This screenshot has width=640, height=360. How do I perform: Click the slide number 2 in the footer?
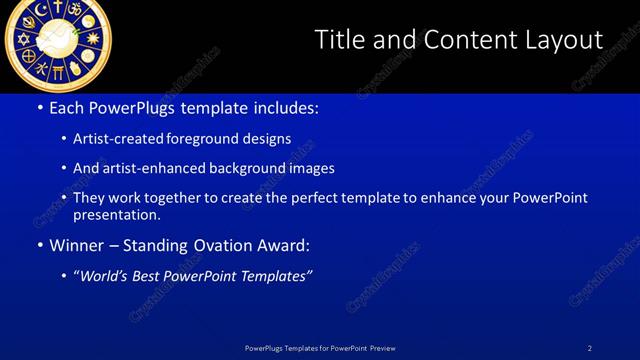590,348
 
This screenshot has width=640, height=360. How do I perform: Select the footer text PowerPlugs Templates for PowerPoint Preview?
320,348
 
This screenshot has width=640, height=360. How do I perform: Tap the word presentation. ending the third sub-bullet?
116,214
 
